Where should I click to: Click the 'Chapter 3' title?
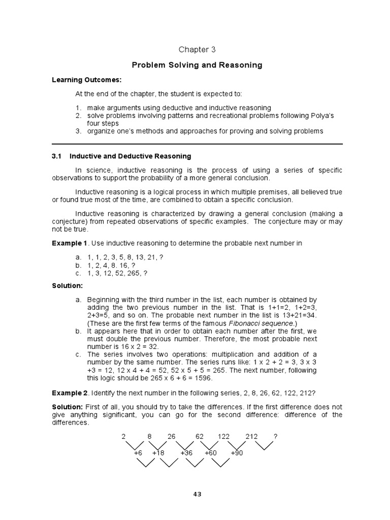[193, 49]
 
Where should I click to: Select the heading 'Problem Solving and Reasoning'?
[197, 65]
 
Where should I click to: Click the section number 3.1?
[57, 156]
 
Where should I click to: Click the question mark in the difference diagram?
[275, 437]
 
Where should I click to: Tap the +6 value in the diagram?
[138, 452]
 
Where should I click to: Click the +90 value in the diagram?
[237, 452]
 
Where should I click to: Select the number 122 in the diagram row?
[223, 437]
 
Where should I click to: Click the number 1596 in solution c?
[202, 378]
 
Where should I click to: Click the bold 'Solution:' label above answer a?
[67, 286]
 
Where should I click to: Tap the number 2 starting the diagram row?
[123, 437]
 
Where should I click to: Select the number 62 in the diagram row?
[199, 437]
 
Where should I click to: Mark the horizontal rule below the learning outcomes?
[197, 144]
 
